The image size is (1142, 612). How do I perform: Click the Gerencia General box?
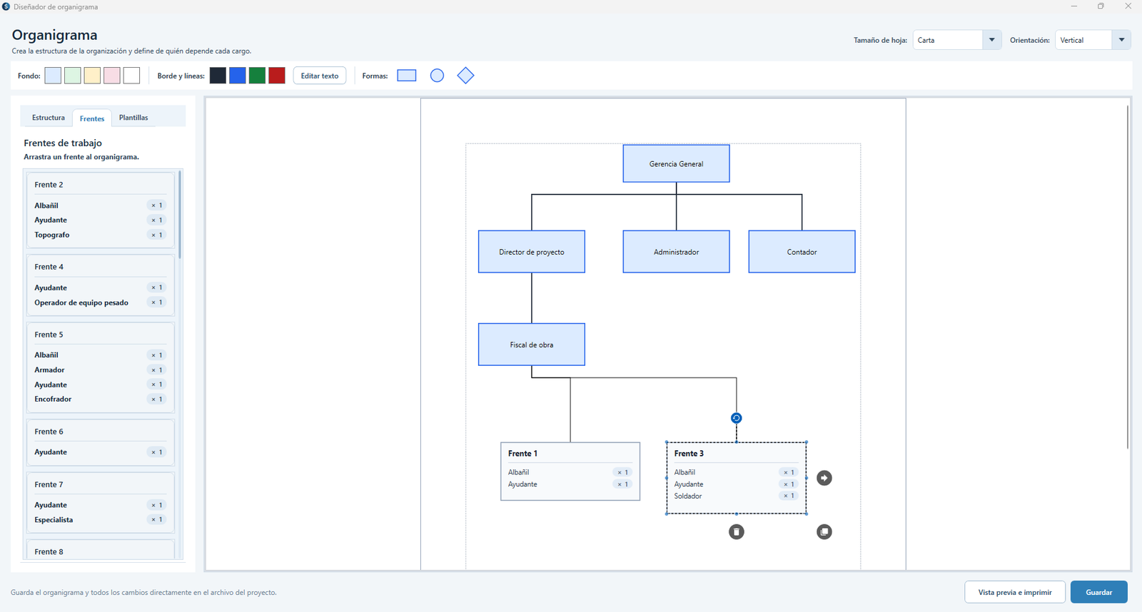pos(676,163)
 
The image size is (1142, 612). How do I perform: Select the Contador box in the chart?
pos(802,252)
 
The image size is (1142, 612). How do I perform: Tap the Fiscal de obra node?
pos(531,345)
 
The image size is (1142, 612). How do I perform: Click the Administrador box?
pos(676,252)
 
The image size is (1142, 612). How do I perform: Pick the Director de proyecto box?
pos(531,252)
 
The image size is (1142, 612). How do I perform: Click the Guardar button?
pos(1098,592)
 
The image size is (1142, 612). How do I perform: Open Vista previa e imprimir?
pos(1014,592)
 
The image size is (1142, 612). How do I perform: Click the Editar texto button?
pos(320,76)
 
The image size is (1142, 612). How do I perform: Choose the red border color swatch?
pos(277,76)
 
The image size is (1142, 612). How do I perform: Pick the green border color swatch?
pos(257,76)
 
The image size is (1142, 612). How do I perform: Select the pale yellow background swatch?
pos(92,76)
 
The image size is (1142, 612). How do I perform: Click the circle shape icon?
pos(437,76)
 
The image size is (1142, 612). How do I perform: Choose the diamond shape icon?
pos(465,76)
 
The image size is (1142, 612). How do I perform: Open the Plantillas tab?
pos(133,118)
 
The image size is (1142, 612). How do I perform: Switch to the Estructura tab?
pos(49,118)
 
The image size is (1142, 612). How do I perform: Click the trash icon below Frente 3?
pos(736,532)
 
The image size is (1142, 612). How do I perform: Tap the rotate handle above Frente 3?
pos(736,419)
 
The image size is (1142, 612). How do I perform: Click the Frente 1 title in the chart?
pos(522,454)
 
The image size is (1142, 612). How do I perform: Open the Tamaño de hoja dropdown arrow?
pos(991,40)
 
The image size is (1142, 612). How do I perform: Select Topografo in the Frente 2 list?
pos(52,235)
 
